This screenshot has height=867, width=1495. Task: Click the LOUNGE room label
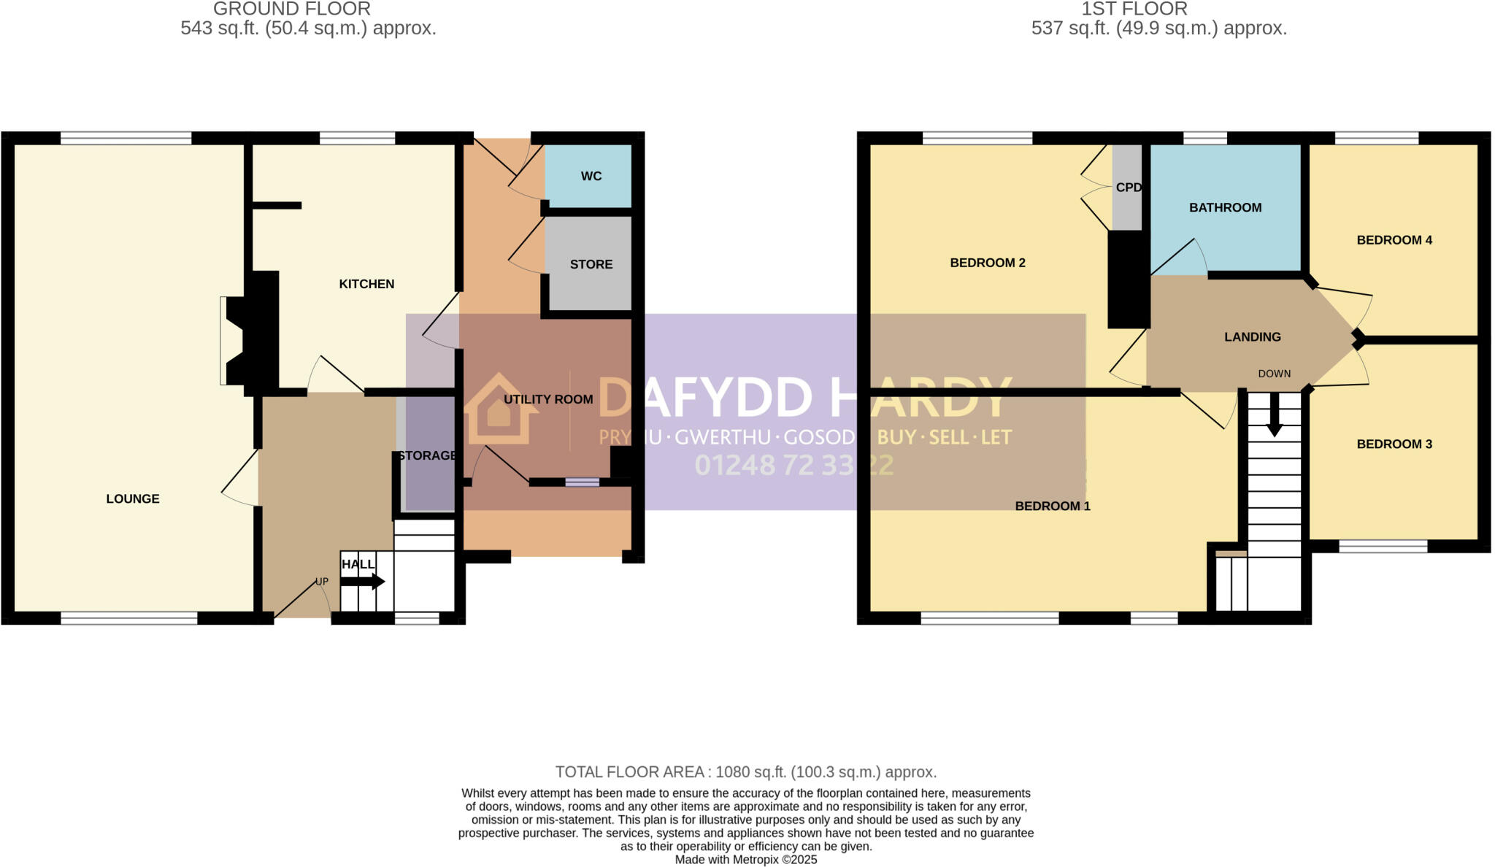point(132,499)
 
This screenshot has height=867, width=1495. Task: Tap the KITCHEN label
point(366,284)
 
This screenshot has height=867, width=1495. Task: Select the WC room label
point(591,176)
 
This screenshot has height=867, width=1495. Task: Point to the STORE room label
point(591,264)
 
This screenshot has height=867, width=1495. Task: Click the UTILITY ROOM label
point(548,399)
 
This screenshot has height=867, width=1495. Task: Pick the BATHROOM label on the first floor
point(1225,208)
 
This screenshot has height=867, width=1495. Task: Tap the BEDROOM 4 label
point(1394,240)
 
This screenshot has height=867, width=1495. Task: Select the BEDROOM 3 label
point(1394,444)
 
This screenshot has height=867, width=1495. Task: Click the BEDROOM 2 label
point(988,263)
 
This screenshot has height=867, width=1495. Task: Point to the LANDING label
point(1253,337)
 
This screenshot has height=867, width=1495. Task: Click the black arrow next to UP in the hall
point(363,582)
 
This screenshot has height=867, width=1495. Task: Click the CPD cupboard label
point(1129,188)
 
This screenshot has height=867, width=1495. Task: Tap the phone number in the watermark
point(793,466)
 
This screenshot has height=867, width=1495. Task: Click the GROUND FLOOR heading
point(292,9)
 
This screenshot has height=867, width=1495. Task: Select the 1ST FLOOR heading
point(1134,9)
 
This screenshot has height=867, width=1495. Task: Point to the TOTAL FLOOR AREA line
point(745,772)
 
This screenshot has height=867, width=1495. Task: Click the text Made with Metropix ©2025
point(745,860)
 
